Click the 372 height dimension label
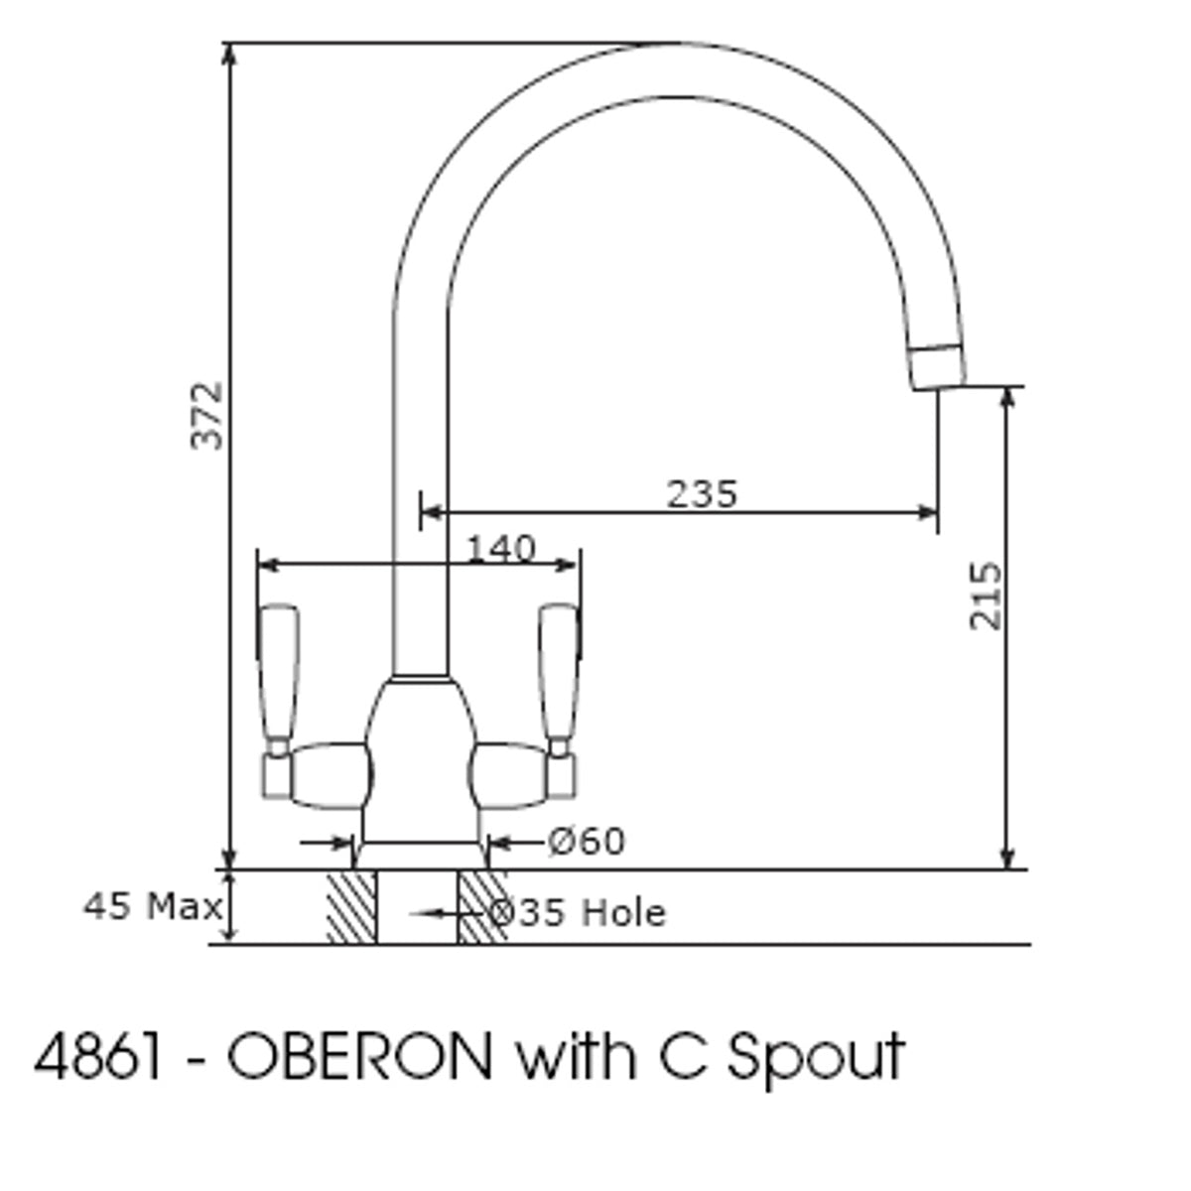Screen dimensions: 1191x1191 pos(205,417)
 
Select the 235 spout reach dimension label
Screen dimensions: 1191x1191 pos(702,494)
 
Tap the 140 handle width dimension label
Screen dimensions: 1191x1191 pos(500,548)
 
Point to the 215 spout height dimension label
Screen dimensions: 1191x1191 pos(985,595)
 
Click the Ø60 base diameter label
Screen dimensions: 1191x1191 pos(587,842)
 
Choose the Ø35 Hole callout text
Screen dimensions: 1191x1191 pos(578,913)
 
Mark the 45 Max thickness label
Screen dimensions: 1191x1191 pos(153,907)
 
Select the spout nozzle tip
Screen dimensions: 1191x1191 pos(938,367)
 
